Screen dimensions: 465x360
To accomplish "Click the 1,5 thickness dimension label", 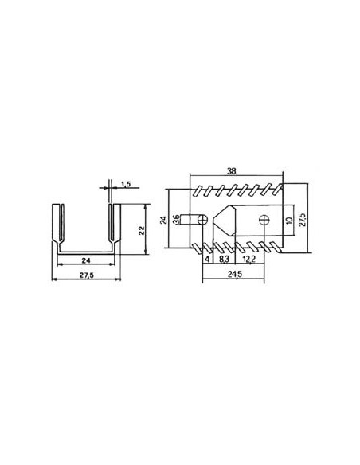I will pyautogui.click(x=126, y=186).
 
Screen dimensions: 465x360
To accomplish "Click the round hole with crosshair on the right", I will pyautogui.click(x=264, y=218).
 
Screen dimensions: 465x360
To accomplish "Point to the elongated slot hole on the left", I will pyautogui.click(x=191, y=218).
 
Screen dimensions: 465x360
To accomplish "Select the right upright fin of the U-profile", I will pyautogui.click(x=113, y=227).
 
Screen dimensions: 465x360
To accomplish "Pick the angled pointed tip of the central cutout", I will pyautogui.click(x=215, y=218).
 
